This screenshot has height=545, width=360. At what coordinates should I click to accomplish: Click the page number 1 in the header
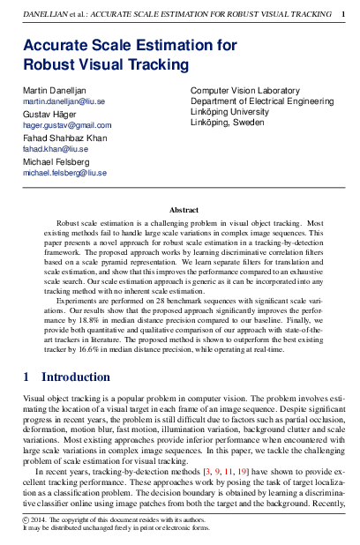point(343,14)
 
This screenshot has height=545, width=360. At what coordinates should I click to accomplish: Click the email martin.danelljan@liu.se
point(64,102)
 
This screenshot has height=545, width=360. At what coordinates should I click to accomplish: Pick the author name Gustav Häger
point(49,115)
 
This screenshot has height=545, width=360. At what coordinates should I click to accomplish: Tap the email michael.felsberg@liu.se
point(64,174)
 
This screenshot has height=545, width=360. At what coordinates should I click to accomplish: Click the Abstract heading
point(184,210)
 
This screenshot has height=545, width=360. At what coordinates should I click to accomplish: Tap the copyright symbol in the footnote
point(26,521)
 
